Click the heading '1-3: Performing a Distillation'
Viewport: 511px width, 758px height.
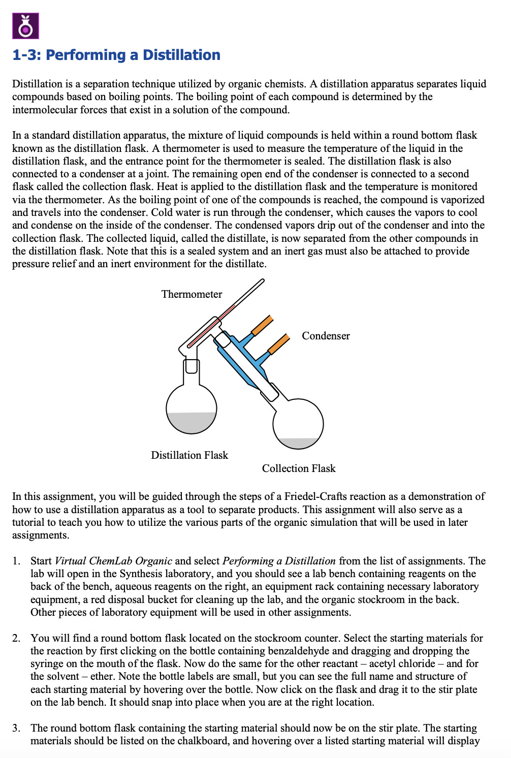(116, 55)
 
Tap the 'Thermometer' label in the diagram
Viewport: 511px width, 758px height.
(191, 294)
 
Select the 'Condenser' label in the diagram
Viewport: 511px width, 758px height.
(326, 336)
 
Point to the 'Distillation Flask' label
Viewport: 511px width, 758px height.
(189, 455)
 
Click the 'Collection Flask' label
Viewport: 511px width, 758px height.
(299, 468)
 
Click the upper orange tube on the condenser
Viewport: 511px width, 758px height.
(262, 325)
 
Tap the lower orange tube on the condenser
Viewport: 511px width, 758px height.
(278, 344)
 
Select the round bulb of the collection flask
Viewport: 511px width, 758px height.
(298, 422)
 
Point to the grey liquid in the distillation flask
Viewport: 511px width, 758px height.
(191, 422)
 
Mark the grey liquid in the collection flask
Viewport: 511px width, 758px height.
(298, 443)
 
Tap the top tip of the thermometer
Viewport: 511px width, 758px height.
(262, 281)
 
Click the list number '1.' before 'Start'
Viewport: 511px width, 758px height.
(17, 561)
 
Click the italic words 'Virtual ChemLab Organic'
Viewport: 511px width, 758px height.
(113, 561)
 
